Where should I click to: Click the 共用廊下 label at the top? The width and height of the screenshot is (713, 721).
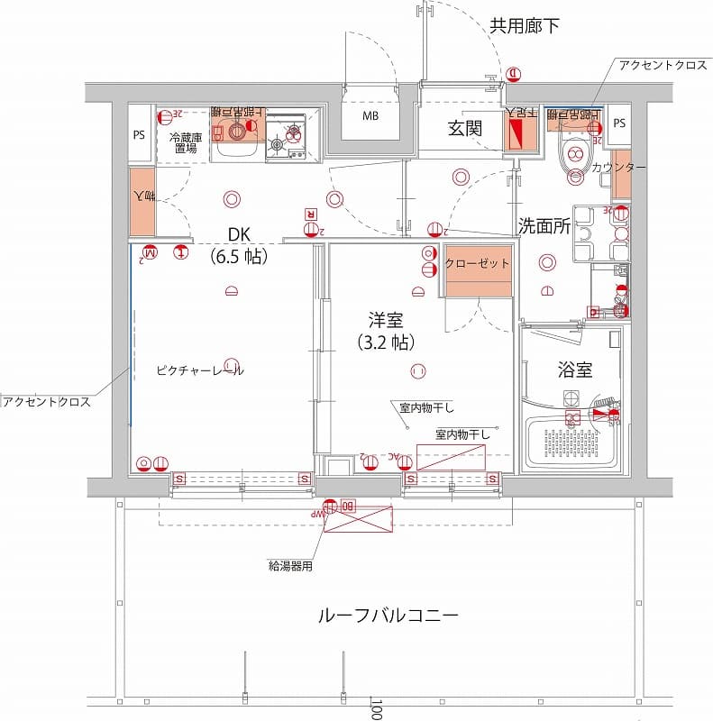pos(524,25)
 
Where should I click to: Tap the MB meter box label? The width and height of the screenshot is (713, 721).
pos(370,118)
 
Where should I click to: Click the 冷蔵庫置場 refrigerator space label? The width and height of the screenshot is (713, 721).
pos(185,142)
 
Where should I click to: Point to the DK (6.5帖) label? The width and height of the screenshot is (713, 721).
pos(238,245)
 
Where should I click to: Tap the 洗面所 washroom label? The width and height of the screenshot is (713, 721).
pos(544,226)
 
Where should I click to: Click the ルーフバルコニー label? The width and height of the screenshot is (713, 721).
pos(388,616)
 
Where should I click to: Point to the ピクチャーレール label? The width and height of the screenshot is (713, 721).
pos(199,370)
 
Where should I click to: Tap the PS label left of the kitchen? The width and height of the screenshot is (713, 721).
pos(139,136)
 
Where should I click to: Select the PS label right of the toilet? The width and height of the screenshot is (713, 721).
pos(618,123)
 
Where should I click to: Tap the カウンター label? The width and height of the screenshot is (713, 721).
pos(618,168)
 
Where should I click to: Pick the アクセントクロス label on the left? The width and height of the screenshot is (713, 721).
pos(46,402)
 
